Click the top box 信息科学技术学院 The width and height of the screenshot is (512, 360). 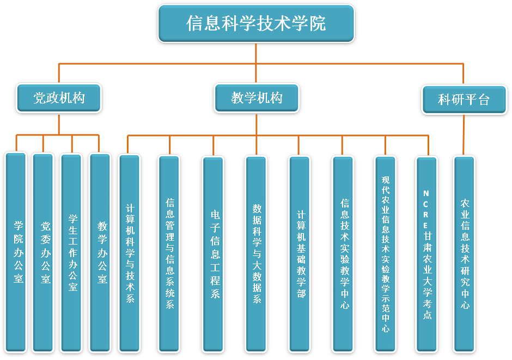tap(256, 24)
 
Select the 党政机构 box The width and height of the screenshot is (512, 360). tap(59, 99)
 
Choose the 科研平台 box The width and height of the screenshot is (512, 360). tap(464, 100)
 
